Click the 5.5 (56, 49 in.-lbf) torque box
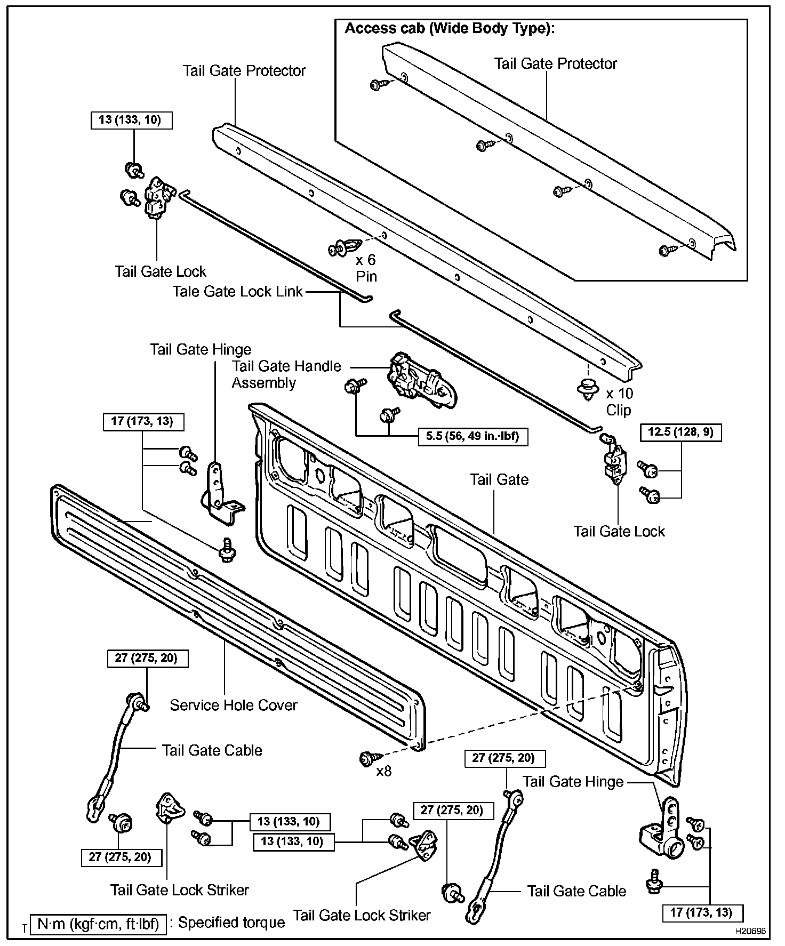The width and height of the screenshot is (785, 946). click(x=472, y=437)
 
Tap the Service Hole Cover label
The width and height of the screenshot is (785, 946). click(x=233, y=705)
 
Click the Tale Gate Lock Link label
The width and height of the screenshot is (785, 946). click(x=237, y=292)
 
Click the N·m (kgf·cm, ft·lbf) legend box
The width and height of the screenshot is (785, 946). click(x=99, y=923)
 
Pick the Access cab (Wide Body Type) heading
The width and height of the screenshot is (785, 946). click(x=450, y=28)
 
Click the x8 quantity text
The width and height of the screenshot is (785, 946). click(x=384, y=771)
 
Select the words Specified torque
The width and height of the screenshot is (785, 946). click(x=231, y=923)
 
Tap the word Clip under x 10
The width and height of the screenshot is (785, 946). click(x=618, y=410)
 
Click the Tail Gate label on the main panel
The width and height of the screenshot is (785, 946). click(x=499, y=479)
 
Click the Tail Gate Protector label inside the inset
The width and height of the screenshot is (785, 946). click(x=555, y=63)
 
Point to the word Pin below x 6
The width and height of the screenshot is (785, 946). click(x=366, y=276)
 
